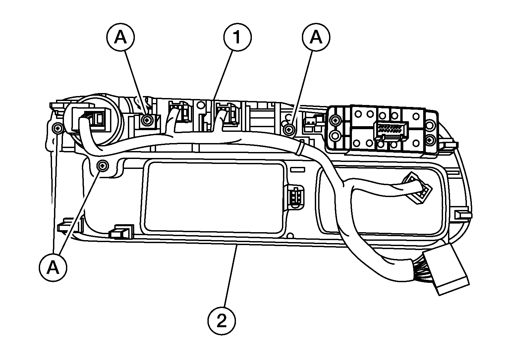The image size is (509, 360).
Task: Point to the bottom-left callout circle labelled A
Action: click(x=53, y=268)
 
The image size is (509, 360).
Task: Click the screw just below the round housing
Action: click(x=103, y=165)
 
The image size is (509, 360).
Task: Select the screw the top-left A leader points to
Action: click(x=146, y=120)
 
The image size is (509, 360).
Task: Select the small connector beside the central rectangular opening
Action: click(x=294, y=197)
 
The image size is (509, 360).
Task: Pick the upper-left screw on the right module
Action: click(x=335, y=120)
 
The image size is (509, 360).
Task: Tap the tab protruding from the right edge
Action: click(x=464, y=215)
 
